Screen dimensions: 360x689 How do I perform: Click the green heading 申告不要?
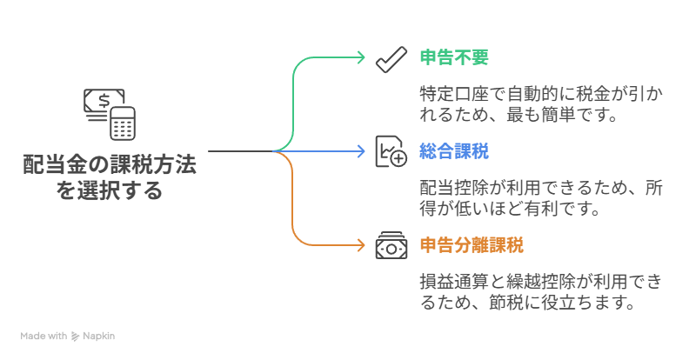coord(454,58)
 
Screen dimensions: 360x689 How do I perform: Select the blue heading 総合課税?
coord(454,151)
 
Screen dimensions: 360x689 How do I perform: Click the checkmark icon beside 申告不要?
coord(391,58)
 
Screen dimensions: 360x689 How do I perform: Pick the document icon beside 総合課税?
coord(391,151)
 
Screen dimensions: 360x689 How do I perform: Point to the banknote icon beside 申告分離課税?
coord(391,245)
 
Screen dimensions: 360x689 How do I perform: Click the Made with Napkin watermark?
coord(68,335)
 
